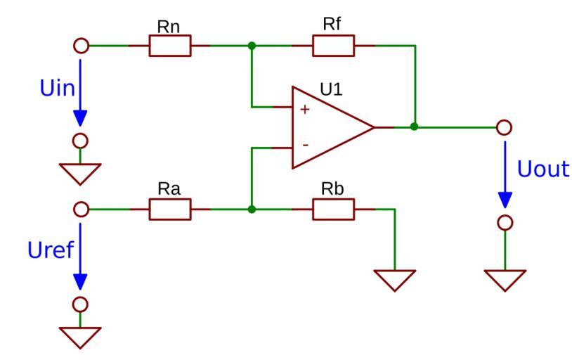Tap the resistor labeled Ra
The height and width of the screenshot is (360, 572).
click(169, 210)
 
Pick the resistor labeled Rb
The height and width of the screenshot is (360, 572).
click(333, 210)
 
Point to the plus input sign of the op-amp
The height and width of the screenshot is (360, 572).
click(304, 110)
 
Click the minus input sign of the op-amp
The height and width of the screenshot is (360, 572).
click(304, 145)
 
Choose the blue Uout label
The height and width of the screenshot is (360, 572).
click(542, 169)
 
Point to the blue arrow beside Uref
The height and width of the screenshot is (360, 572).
click(82, 257)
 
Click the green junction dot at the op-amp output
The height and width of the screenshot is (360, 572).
click(415, 127)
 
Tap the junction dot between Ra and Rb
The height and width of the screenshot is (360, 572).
click(252, 210)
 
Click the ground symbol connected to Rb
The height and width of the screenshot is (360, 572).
click(395, 279)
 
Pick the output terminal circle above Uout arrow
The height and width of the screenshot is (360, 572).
click(504, 127)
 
